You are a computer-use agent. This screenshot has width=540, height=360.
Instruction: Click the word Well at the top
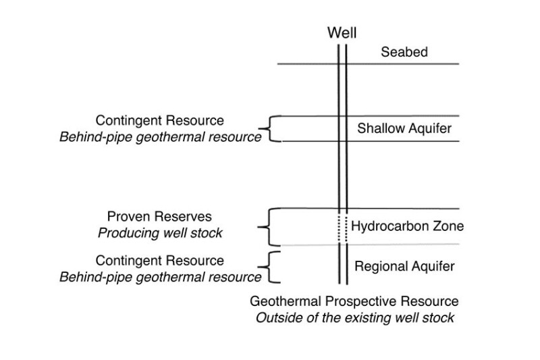coord(342,33)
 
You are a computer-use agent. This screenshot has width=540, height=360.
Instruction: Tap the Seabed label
coord(404,52)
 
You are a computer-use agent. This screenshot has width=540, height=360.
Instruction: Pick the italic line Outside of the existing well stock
coord(354,317)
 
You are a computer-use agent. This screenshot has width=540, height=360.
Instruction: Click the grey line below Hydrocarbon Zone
coord(405,244)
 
